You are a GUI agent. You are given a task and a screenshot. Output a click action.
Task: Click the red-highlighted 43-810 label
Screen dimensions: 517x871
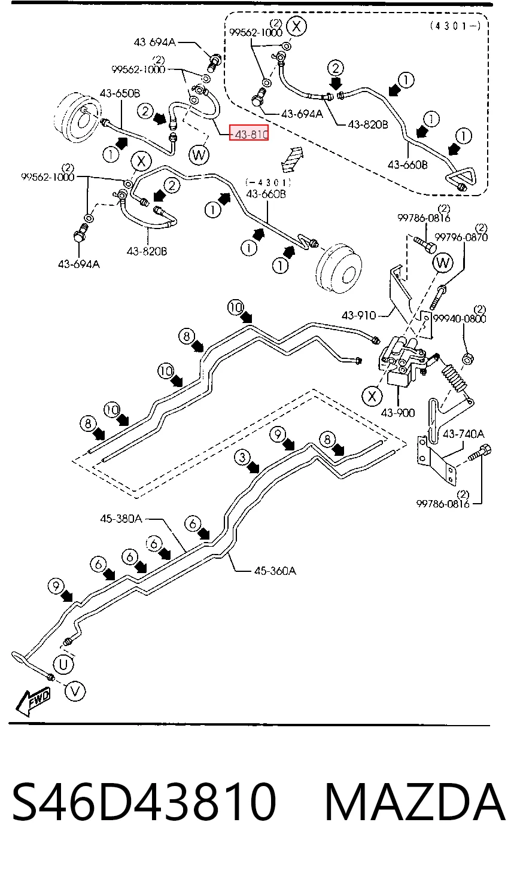click(x=249, y=134)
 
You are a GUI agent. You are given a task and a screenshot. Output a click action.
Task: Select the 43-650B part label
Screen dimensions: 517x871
click(x=120, y=93)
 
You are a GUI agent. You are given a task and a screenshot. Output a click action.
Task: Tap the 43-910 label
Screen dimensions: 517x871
click(x=358, y=315)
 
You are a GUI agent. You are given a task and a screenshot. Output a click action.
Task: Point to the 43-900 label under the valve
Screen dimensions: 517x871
click(x=397, y=412)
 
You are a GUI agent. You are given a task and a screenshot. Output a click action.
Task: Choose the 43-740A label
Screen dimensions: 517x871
click(x=463, y=433)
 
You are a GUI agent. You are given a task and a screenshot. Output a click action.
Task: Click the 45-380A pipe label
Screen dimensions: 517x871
click(x=121, y=518)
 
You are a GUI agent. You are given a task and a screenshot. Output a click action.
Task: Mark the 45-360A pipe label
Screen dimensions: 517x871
click(x=275, y=571)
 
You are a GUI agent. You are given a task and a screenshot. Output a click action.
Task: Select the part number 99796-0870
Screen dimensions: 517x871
click(x=461, y=237)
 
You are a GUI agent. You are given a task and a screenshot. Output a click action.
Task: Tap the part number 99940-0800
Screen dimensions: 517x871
click(x=460, y=318)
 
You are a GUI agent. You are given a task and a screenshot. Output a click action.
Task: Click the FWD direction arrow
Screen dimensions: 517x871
click(x=33, y=702)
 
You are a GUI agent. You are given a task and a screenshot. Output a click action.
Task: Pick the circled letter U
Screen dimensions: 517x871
click(x=63, y=665)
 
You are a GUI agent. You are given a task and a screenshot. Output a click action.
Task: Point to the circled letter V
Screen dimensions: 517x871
click(x=75, y=692)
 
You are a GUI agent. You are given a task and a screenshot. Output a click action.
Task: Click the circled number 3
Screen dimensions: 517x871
click(x=242, y=457)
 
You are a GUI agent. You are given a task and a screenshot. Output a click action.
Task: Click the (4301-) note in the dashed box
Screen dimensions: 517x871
click(x=455, y=26)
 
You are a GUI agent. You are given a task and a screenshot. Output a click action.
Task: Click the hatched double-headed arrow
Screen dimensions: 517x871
click(x=293, y=159)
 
